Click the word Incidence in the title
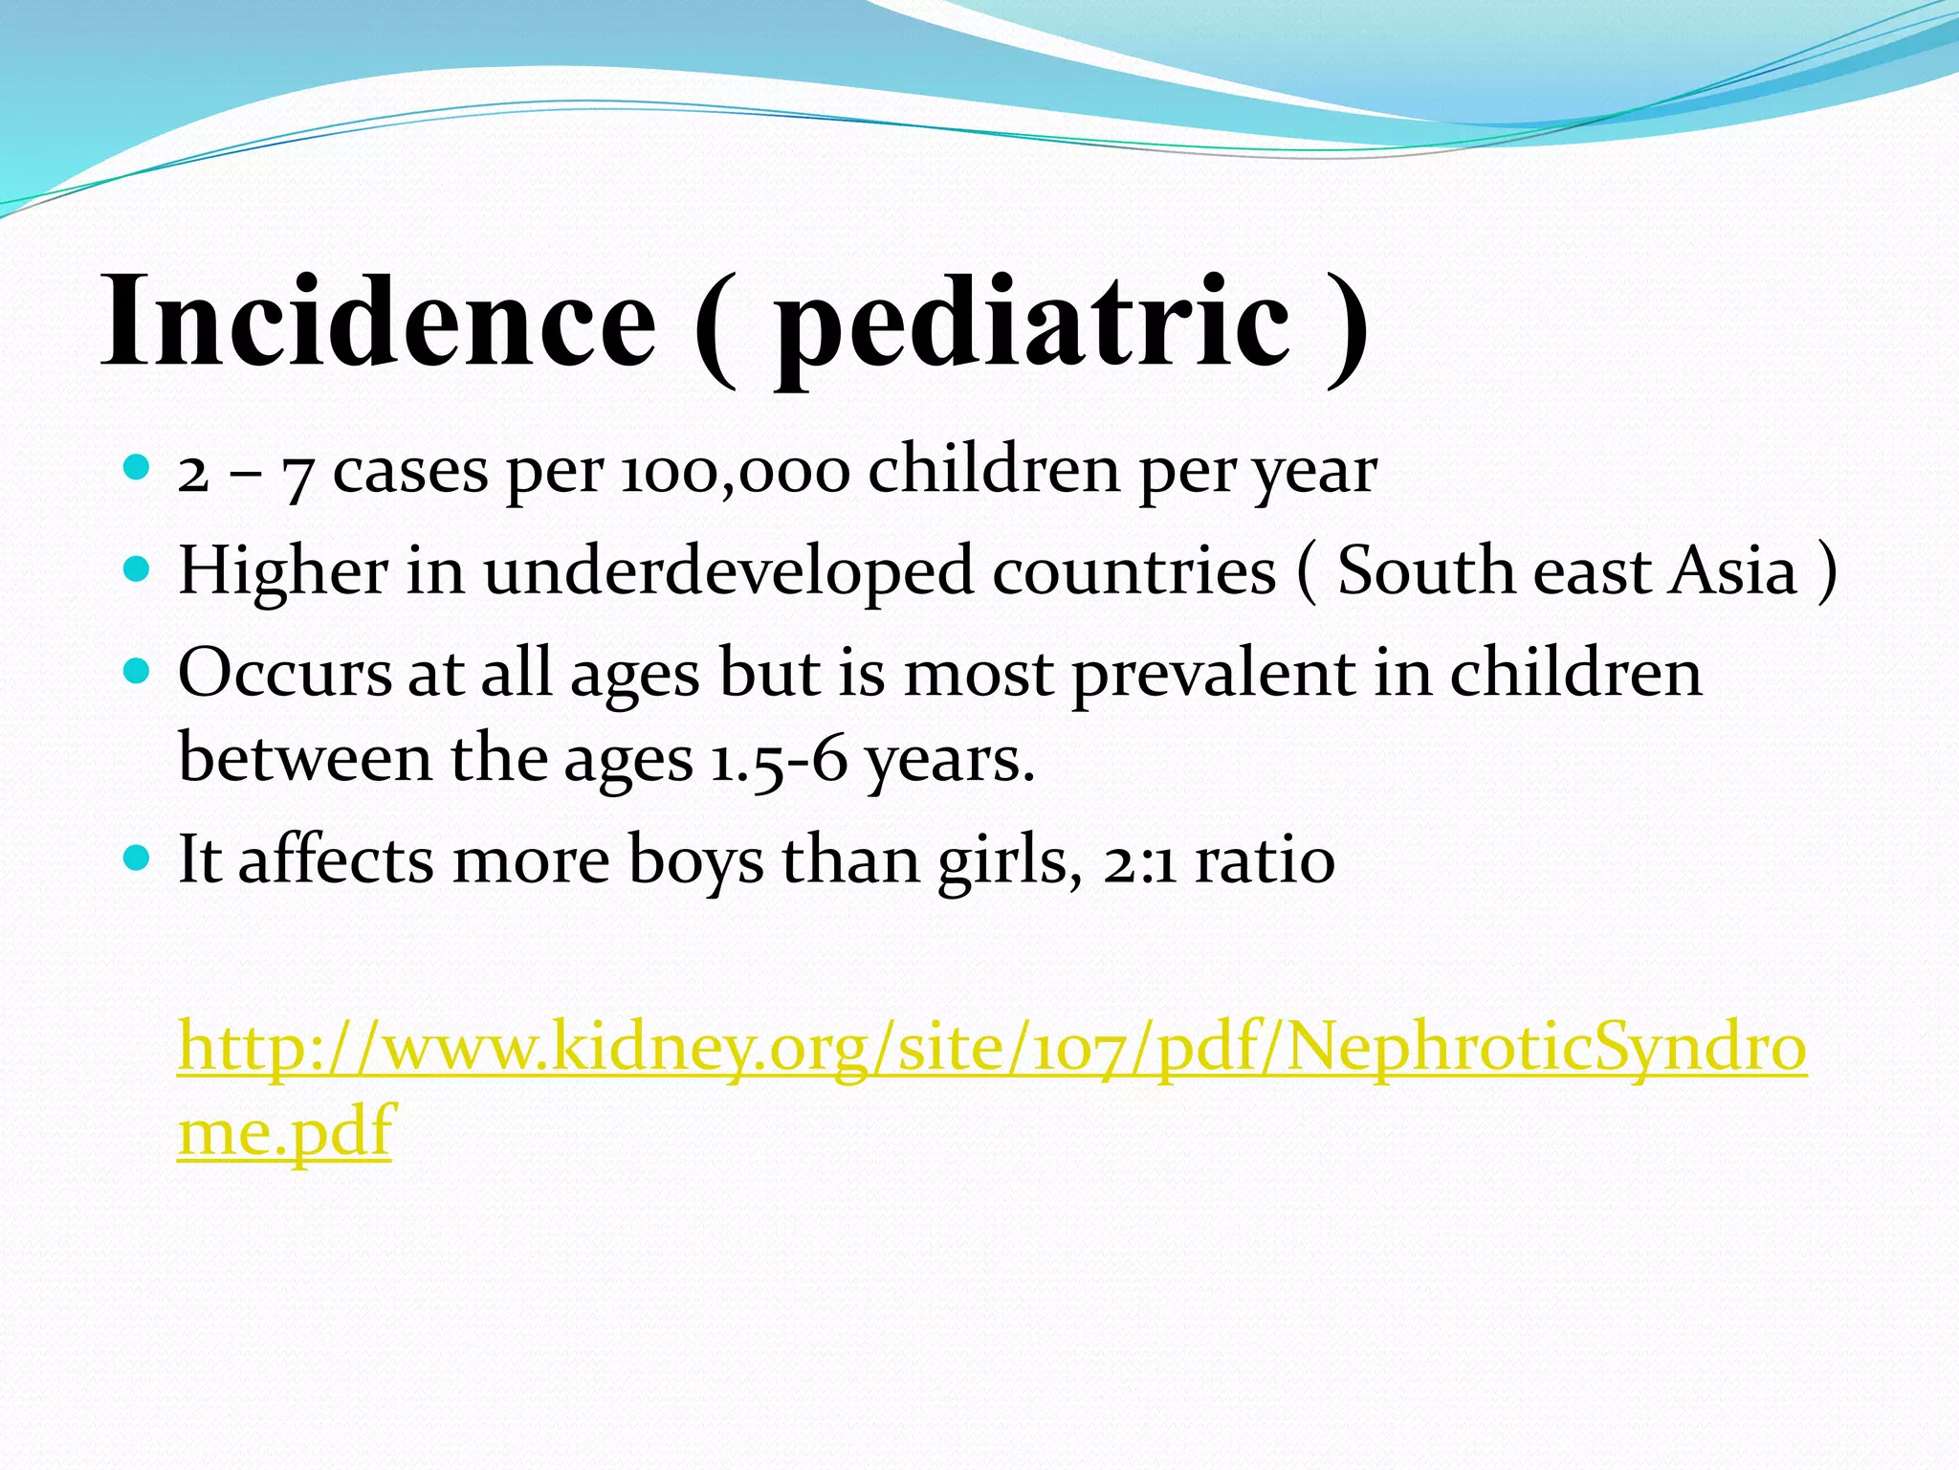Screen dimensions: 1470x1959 click(x=378, y=321)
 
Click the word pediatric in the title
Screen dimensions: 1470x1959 click(x=1031, y=325)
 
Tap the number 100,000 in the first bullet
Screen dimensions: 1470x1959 click(x=735, y=472)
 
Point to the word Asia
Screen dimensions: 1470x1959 click(x=1732, y=571)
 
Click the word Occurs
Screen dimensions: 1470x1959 click(x=284, y=673)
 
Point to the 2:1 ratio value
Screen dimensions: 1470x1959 click(x=1139, y=860)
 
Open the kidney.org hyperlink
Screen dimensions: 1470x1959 click(x=992, y=1048)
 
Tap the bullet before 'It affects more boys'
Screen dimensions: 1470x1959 click(x=138, y=857)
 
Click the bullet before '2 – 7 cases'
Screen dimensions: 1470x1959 click(x=138, y=468)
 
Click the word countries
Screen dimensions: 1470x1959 click(x=1134, y=572)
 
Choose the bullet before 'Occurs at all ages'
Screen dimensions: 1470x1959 click(x=138, y=671)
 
